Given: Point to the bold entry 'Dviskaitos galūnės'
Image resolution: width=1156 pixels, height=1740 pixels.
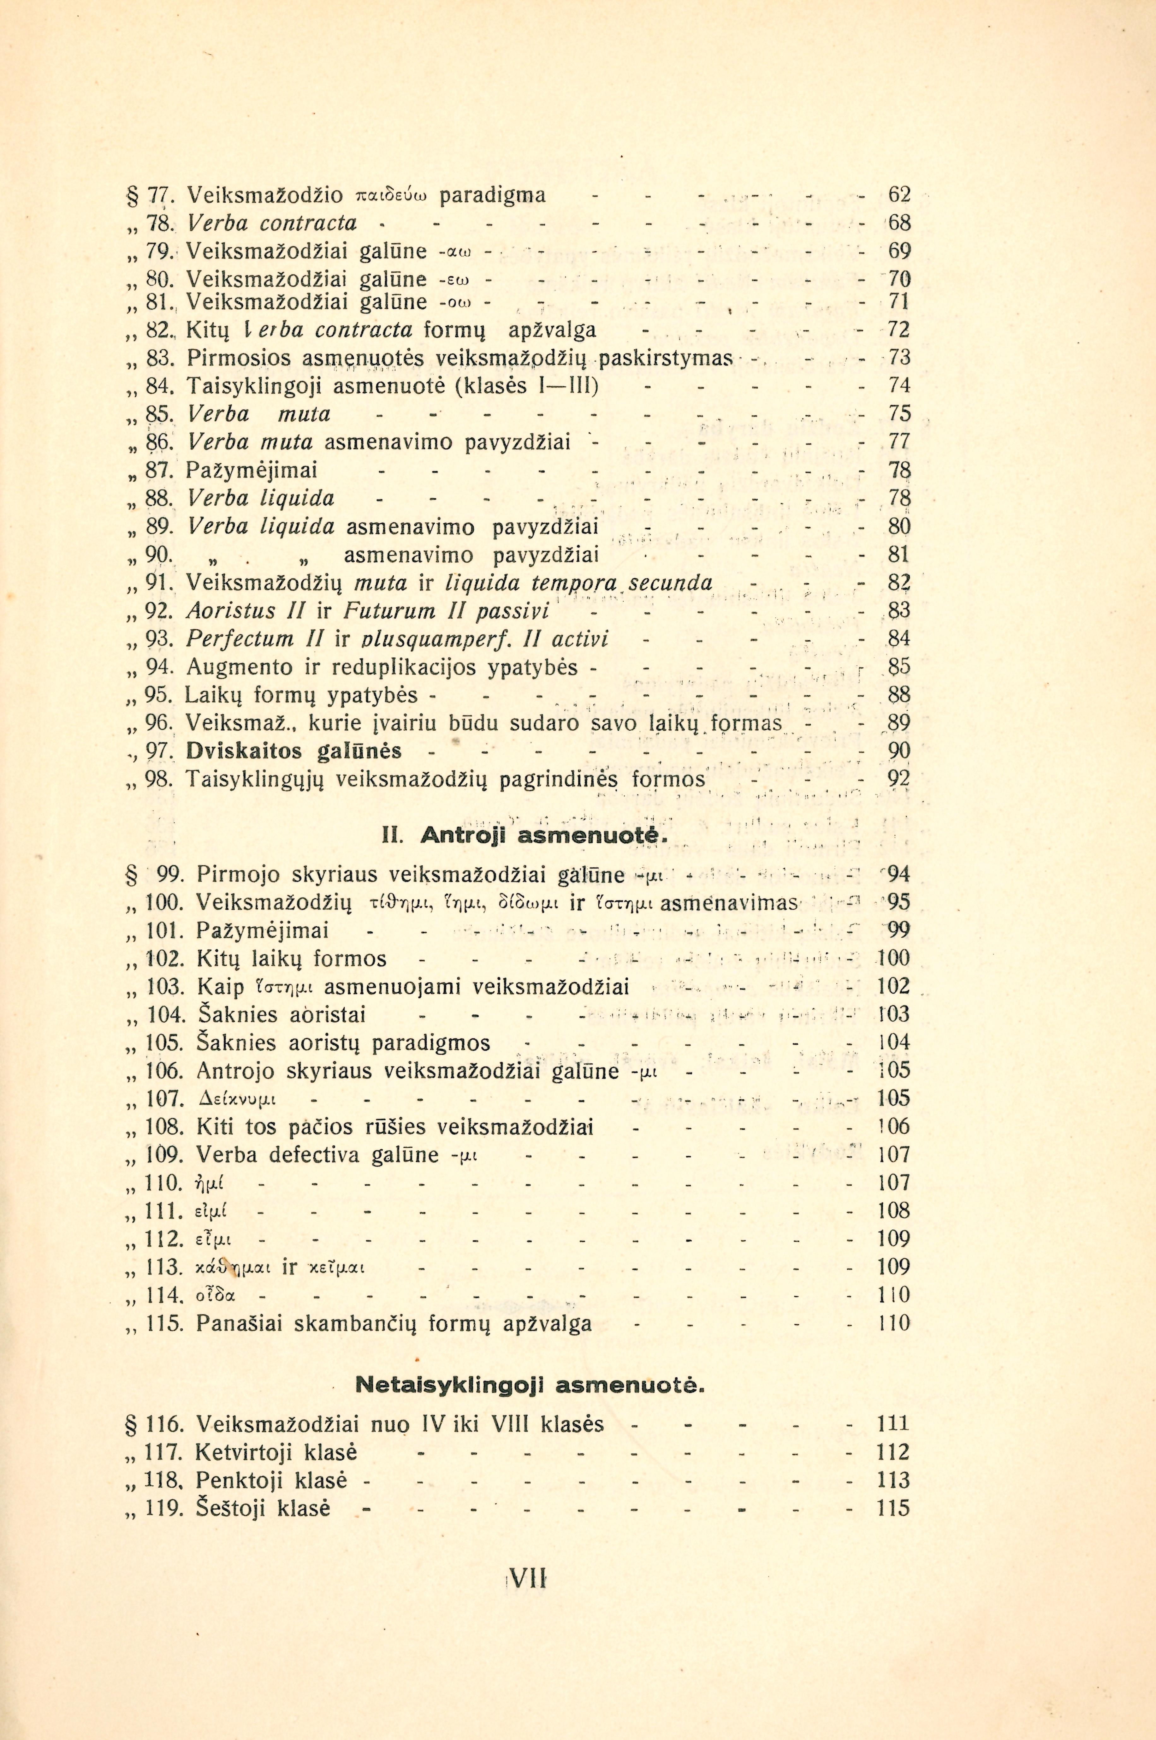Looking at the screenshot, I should (x=293, y=751).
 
